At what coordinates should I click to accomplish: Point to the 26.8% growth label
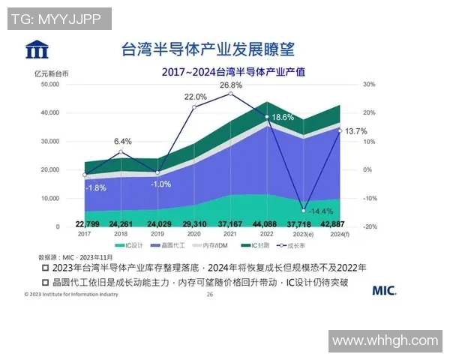point(231,85)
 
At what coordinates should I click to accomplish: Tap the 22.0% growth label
point(196,97)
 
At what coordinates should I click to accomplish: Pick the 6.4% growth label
point(123,141)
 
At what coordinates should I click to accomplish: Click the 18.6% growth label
point(283,117)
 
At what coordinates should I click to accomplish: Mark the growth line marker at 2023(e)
point(304,210)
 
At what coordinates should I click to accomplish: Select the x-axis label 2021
point(232,234)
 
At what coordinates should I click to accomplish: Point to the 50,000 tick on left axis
point(48,85)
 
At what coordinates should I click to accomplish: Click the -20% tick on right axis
point(369,226)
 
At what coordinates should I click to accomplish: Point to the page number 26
point(209,295)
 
